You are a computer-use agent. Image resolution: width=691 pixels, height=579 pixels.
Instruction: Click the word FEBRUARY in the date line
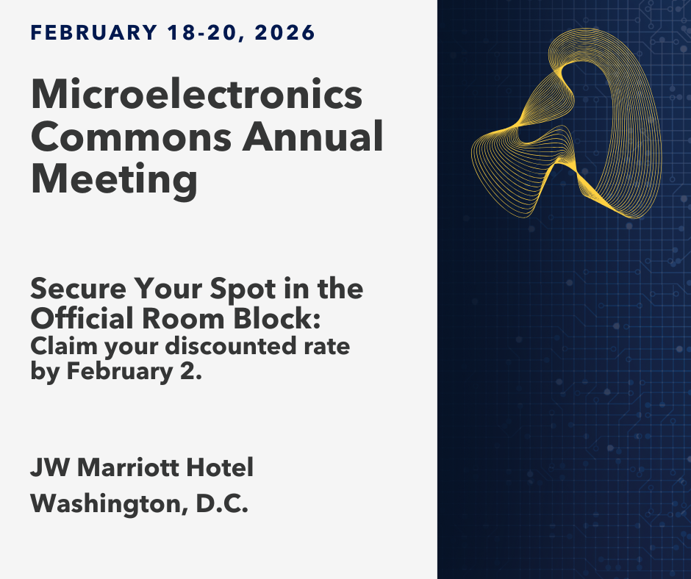pos(94,32)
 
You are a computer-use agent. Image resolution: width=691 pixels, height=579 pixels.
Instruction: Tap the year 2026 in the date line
pos(284,32)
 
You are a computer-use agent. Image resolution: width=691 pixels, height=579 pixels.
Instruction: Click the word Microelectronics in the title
pos(196,94)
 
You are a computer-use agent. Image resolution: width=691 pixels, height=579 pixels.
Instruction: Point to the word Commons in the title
pos(132,137)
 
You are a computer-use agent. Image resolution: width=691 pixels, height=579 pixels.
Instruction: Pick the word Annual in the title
pos(313,136)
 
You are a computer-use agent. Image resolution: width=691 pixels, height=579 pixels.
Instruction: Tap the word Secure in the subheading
pos(79,289)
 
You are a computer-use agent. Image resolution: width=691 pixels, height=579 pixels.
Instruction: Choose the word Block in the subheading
pos(273,318)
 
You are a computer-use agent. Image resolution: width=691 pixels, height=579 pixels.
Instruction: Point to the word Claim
pos(64,346)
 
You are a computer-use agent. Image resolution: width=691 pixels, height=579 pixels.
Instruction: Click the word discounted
pos(231,346)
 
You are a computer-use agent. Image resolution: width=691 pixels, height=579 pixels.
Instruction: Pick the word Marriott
pos(128,467)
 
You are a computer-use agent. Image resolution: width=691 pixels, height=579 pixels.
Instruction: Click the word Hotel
pos(220,467)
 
